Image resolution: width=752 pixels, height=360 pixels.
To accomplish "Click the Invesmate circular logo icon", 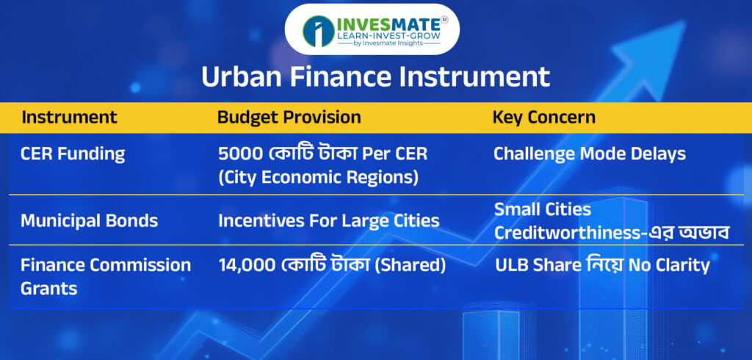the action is coord(319,31).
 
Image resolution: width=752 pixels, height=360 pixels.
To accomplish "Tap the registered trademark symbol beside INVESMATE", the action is coord(444,20).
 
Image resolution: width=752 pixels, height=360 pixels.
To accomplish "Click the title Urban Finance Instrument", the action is coord(375,77).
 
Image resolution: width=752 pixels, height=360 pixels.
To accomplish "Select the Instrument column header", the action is coord(69,117).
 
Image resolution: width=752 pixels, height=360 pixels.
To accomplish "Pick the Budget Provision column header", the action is coord(289,117).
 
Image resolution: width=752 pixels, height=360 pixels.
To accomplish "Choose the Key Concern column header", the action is coord(544,117).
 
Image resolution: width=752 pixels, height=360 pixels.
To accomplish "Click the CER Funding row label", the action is coord(73,154).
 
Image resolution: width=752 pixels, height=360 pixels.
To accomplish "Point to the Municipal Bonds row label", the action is coord(89,221).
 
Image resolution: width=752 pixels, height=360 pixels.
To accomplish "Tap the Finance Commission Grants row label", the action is coord(106,276).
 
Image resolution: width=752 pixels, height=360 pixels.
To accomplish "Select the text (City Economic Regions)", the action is coord(319,178).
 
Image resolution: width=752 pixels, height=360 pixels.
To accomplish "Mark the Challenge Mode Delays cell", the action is coord(590,154).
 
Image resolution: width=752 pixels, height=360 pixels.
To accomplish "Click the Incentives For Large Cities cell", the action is coord(328,221).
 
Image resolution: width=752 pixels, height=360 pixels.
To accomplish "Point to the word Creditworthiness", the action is coord(568,234).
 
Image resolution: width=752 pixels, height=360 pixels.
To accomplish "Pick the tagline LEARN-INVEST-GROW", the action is coord(389,35).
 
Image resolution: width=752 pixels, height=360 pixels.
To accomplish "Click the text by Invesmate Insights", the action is coord(388,43).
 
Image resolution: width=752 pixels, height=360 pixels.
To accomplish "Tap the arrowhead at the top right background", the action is coord(658,43).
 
